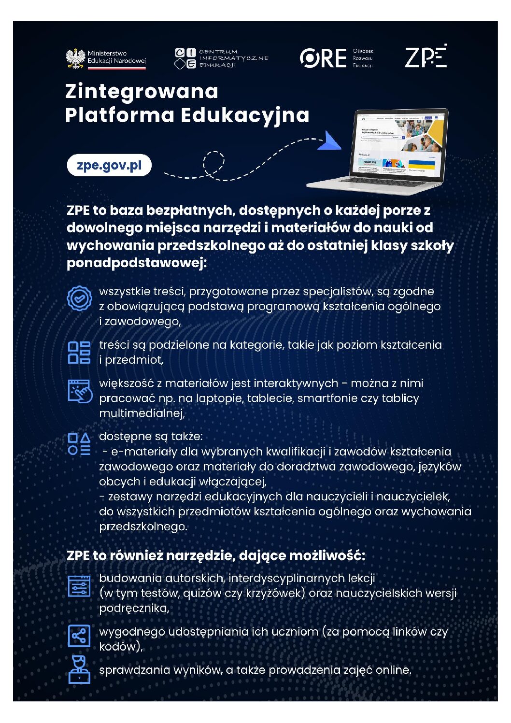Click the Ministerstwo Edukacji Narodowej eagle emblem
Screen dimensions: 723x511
(x=75, y=58)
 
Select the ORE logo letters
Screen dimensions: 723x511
(x=323, y=58)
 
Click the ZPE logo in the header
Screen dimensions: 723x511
(x=426, y=57)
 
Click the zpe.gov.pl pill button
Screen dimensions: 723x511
(x=109, y=165)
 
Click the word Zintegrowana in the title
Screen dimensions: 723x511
(x=142, y=91)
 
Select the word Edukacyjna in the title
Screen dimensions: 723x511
(x=245, y=115)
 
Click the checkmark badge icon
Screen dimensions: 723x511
(x=79, y=298)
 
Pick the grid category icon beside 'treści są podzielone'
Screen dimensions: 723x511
(x=79, y=352)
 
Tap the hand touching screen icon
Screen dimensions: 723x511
(x=80, y=391)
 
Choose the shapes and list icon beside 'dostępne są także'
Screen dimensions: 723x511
(x=79, y=444)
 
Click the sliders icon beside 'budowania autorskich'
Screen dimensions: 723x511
(x=79, y=586)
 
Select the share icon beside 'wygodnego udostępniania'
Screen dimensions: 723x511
(x=79, y=636)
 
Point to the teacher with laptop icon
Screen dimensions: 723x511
(x=79, y=669)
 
